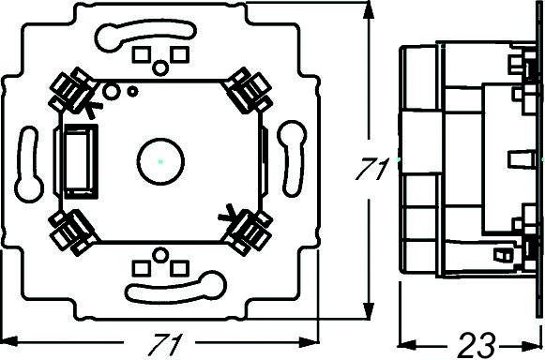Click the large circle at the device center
tap(160, 161)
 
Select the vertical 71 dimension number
tap(371, 170)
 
